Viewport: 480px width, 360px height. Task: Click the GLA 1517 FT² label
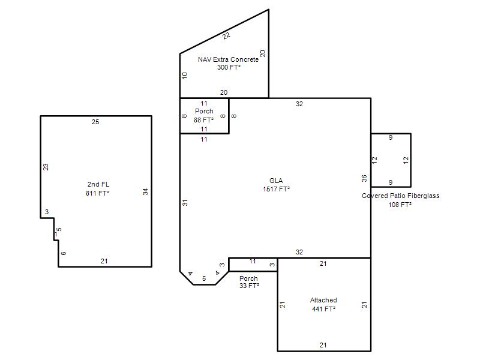[x=276, y=185]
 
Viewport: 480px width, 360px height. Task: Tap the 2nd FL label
[x=98, y=184]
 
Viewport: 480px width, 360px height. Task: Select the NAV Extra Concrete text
[x=228, y=59]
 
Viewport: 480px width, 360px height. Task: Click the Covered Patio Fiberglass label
[x=400, y=196]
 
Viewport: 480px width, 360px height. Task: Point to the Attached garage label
[x=323, y=300]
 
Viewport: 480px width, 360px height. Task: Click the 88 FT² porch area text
[x=203, y=120]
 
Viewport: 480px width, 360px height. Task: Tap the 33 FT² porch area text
[x=249, y=286]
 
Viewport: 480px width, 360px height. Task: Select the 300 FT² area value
[x=229, y=67]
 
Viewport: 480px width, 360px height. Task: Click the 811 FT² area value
[x=97, y=193]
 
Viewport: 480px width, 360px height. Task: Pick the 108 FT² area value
[x=400, y=205]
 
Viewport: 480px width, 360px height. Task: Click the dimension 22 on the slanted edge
[x=226, y=36]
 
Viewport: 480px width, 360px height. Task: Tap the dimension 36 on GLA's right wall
[x=364, y=178]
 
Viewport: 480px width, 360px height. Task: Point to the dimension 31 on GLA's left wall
[x=185, y=203]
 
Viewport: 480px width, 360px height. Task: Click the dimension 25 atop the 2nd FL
[x=95, y=122]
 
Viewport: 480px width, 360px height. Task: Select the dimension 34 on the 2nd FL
[x=145, y=192]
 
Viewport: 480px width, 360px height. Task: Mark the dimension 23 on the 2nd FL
[x=46, y=167]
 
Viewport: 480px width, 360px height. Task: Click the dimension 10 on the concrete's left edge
[x=184, y=76]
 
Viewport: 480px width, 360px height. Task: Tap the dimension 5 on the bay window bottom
[x=204, y=278]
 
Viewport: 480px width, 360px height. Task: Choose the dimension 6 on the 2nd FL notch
[x=64, y=253]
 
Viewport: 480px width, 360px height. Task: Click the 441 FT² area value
[x=323, y=309]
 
